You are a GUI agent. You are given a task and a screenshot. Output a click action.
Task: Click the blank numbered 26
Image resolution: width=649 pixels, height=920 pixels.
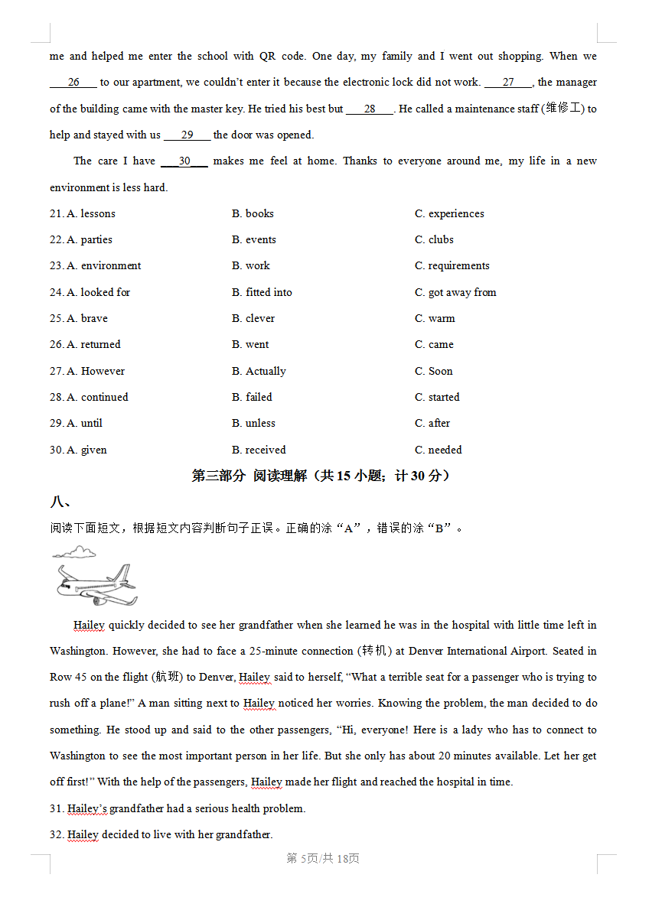point(73,83)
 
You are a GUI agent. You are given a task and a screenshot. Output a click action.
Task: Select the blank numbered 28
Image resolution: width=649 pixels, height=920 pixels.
point(370,109)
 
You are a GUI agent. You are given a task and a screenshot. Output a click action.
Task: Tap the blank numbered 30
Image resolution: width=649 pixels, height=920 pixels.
point(184,161)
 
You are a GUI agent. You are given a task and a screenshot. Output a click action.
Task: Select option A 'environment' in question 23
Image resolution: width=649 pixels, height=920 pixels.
point(103,265)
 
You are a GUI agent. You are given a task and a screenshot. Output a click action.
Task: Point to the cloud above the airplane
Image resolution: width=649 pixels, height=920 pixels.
point(75,552)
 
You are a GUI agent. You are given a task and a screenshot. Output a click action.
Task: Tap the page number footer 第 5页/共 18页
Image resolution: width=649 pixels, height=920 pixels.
point(323,859)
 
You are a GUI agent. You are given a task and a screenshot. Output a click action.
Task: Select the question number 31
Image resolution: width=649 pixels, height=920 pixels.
point(57,808)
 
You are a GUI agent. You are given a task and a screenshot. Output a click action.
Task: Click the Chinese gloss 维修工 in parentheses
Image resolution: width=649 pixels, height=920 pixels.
point(563,109)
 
